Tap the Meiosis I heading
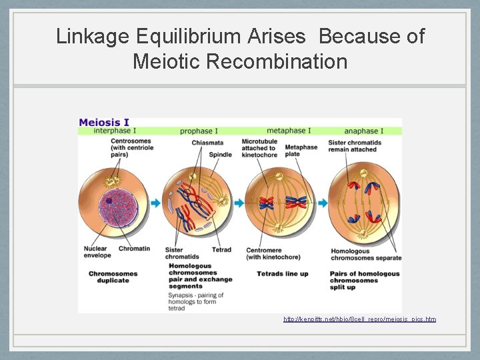tap(104, 122)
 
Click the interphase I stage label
tap(117, 131)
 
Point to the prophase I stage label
tap(199, 131)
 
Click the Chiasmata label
tap(207, 142)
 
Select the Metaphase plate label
tap(301, 151)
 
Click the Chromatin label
tap(134, 249)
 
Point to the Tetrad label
tap(221, 250)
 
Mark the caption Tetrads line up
tap(283, 273)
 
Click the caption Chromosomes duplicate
tap(113, 277)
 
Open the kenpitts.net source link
tap(359, 319)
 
